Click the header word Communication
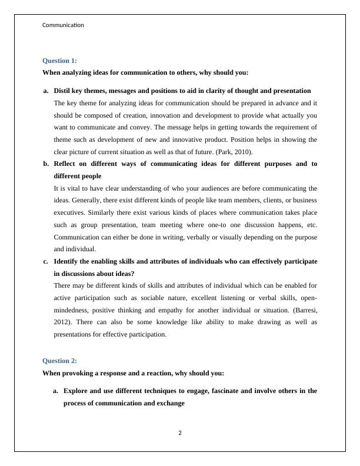pyautogui.click(x=63, y=25)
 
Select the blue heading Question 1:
pyautogui.click(x=59, y=61)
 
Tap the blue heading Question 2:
pyautogui.click(x=59, y=361)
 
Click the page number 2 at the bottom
pyautogui.click(x=180, y=434)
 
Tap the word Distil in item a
pyautogui.click(x=63, y=91)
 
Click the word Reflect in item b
pyautogui.click(x=66, y=164)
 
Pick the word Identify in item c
pyautogui.click(x=68, y=261)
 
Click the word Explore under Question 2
pyautogui.click(x=77, y=390)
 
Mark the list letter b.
pyautogui.click(x=46, y=164)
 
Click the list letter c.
pyautogui.click(x=46, y=261)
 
